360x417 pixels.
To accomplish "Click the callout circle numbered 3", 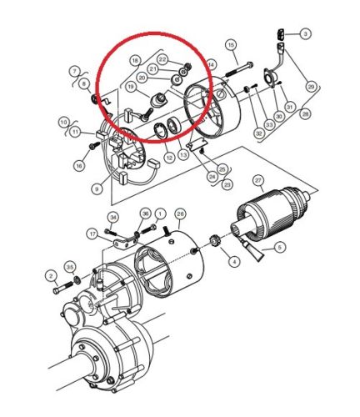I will (x=305, y=34).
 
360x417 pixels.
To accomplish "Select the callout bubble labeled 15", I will (x=231, y=43).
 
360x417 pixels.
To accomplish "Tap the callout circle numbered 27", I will (x=257, y=180).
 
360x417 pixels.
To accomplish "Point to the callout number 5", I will (x=279, y=247).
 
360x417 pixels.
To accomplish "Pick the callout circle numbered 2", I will (x=52, y=276).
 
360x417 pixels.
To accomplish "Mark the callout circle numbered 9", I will (x=97, y=190).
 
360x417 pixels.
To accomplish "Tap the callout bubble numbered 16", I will (x=78, y=166).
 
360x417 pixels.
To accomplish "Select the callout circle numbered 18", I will (x=134, y=61).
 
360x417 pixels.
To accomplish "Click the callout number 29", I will (x=311, y=87).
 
